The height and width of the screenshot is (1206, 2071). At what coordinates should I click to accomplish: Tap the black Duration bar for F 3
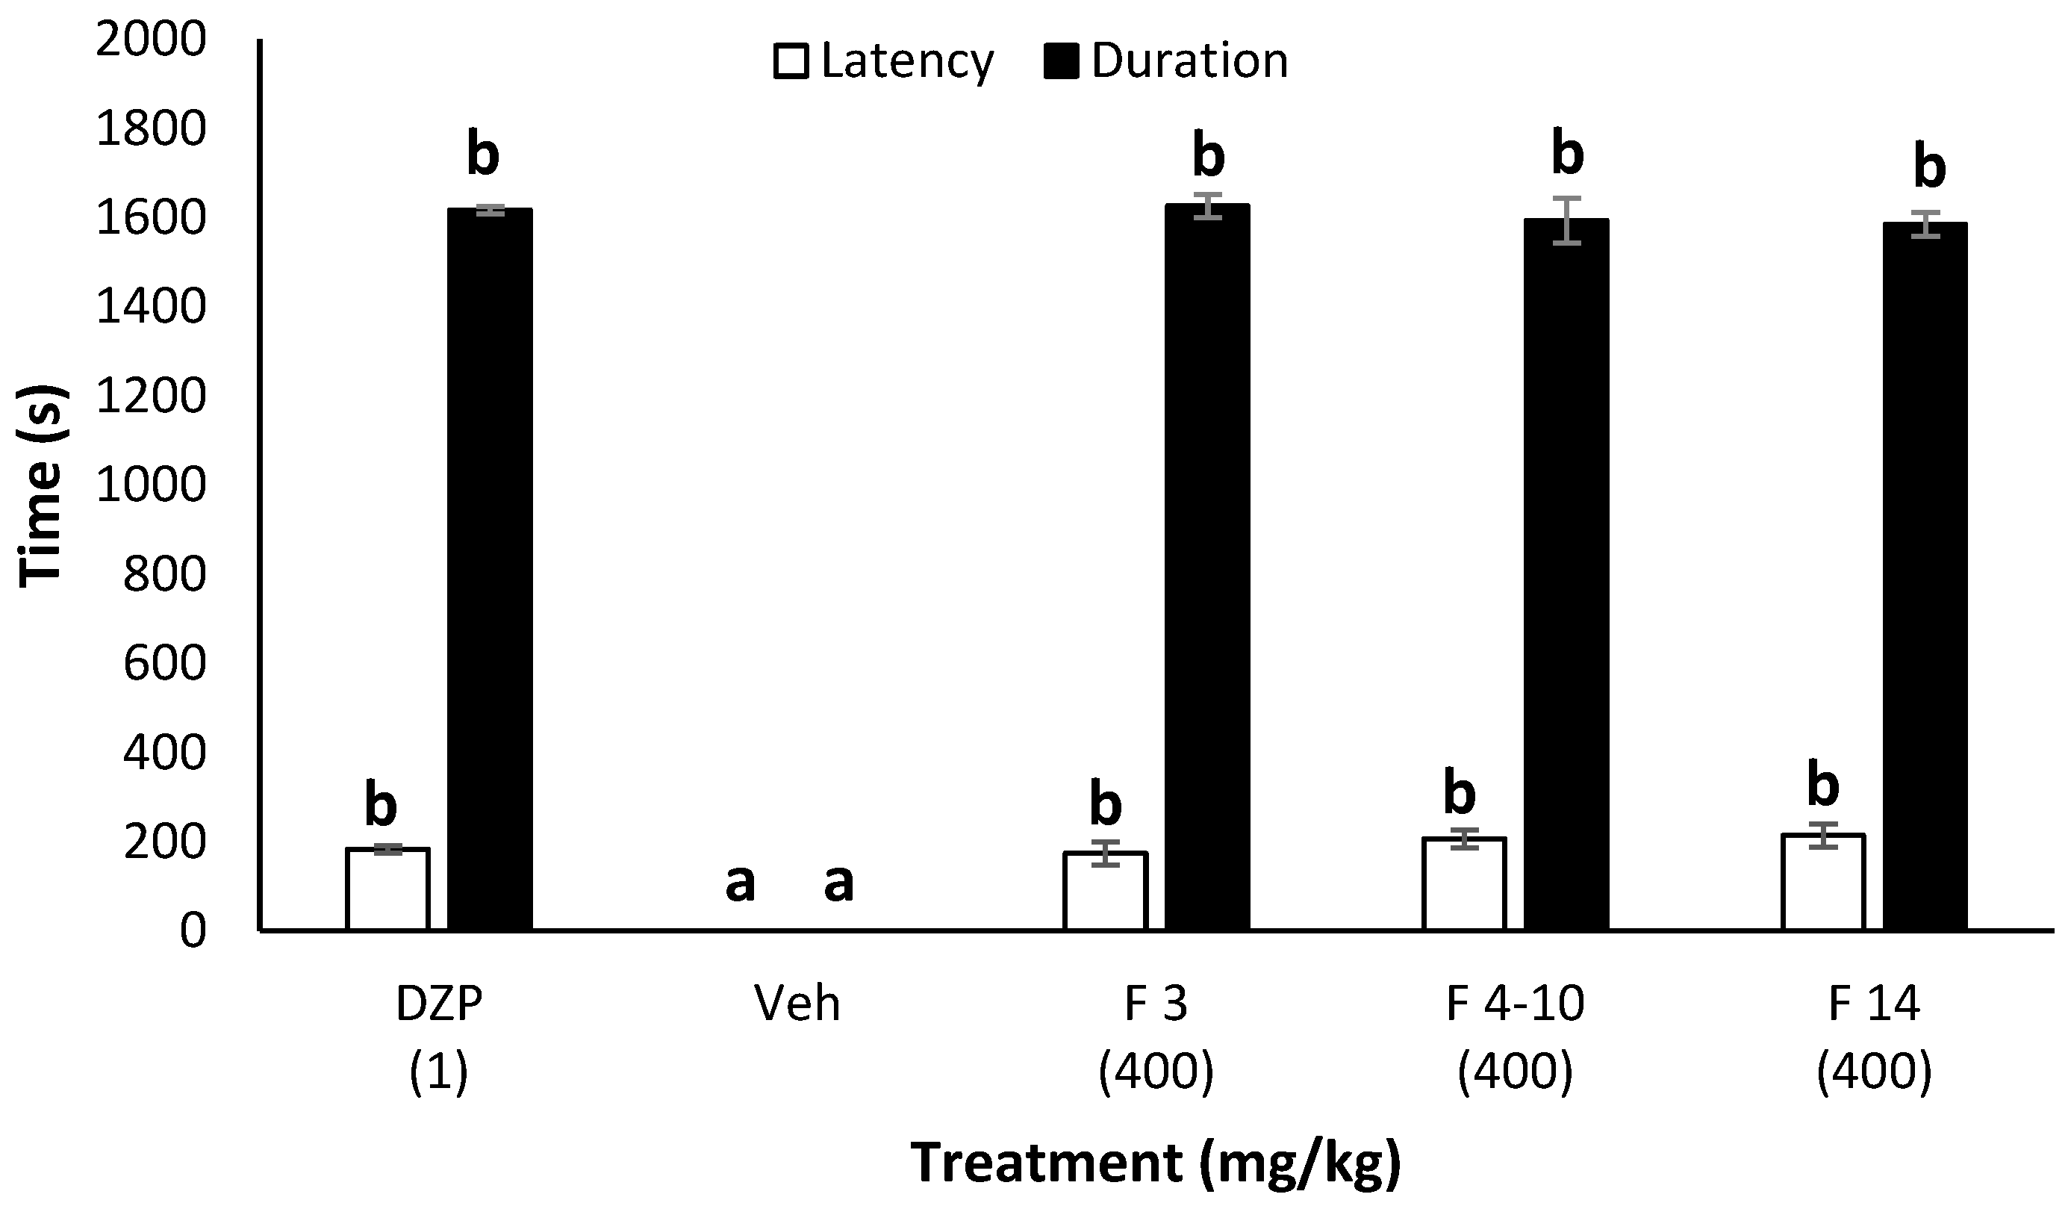coord(1207,568)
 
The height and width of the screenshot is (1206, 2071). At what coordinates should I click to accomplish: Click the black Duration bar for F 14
coord(1925,576)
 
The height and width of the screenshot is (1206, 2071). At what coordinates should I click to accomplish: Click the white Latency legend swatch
coord(792,62)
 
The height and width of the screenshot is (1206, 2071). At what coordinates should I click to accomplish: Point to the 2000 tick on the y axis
coord(150,39)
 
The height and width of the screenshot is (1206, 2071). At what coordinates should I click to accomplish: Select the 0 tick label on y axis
coord(193,930)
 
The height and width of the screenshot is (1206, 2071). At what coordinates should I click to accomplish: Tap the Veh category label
coord(797,1004)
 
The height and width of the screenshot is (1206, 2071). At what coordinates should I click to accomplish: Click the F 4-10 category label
coord(1515,1004)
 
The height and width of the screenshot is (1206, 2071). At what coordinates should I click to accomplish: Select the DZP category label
coord(439,1004)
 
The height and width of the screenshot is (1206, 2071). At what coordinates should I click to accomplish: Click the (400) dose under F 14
coord(1874,1071)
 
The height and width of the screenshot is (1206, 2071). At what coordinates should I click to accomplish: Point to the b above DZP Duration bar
coord(482,154)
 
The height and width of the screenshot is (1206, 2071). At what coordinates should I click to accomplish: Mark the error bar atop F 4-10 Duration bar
coord(1567,220)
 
